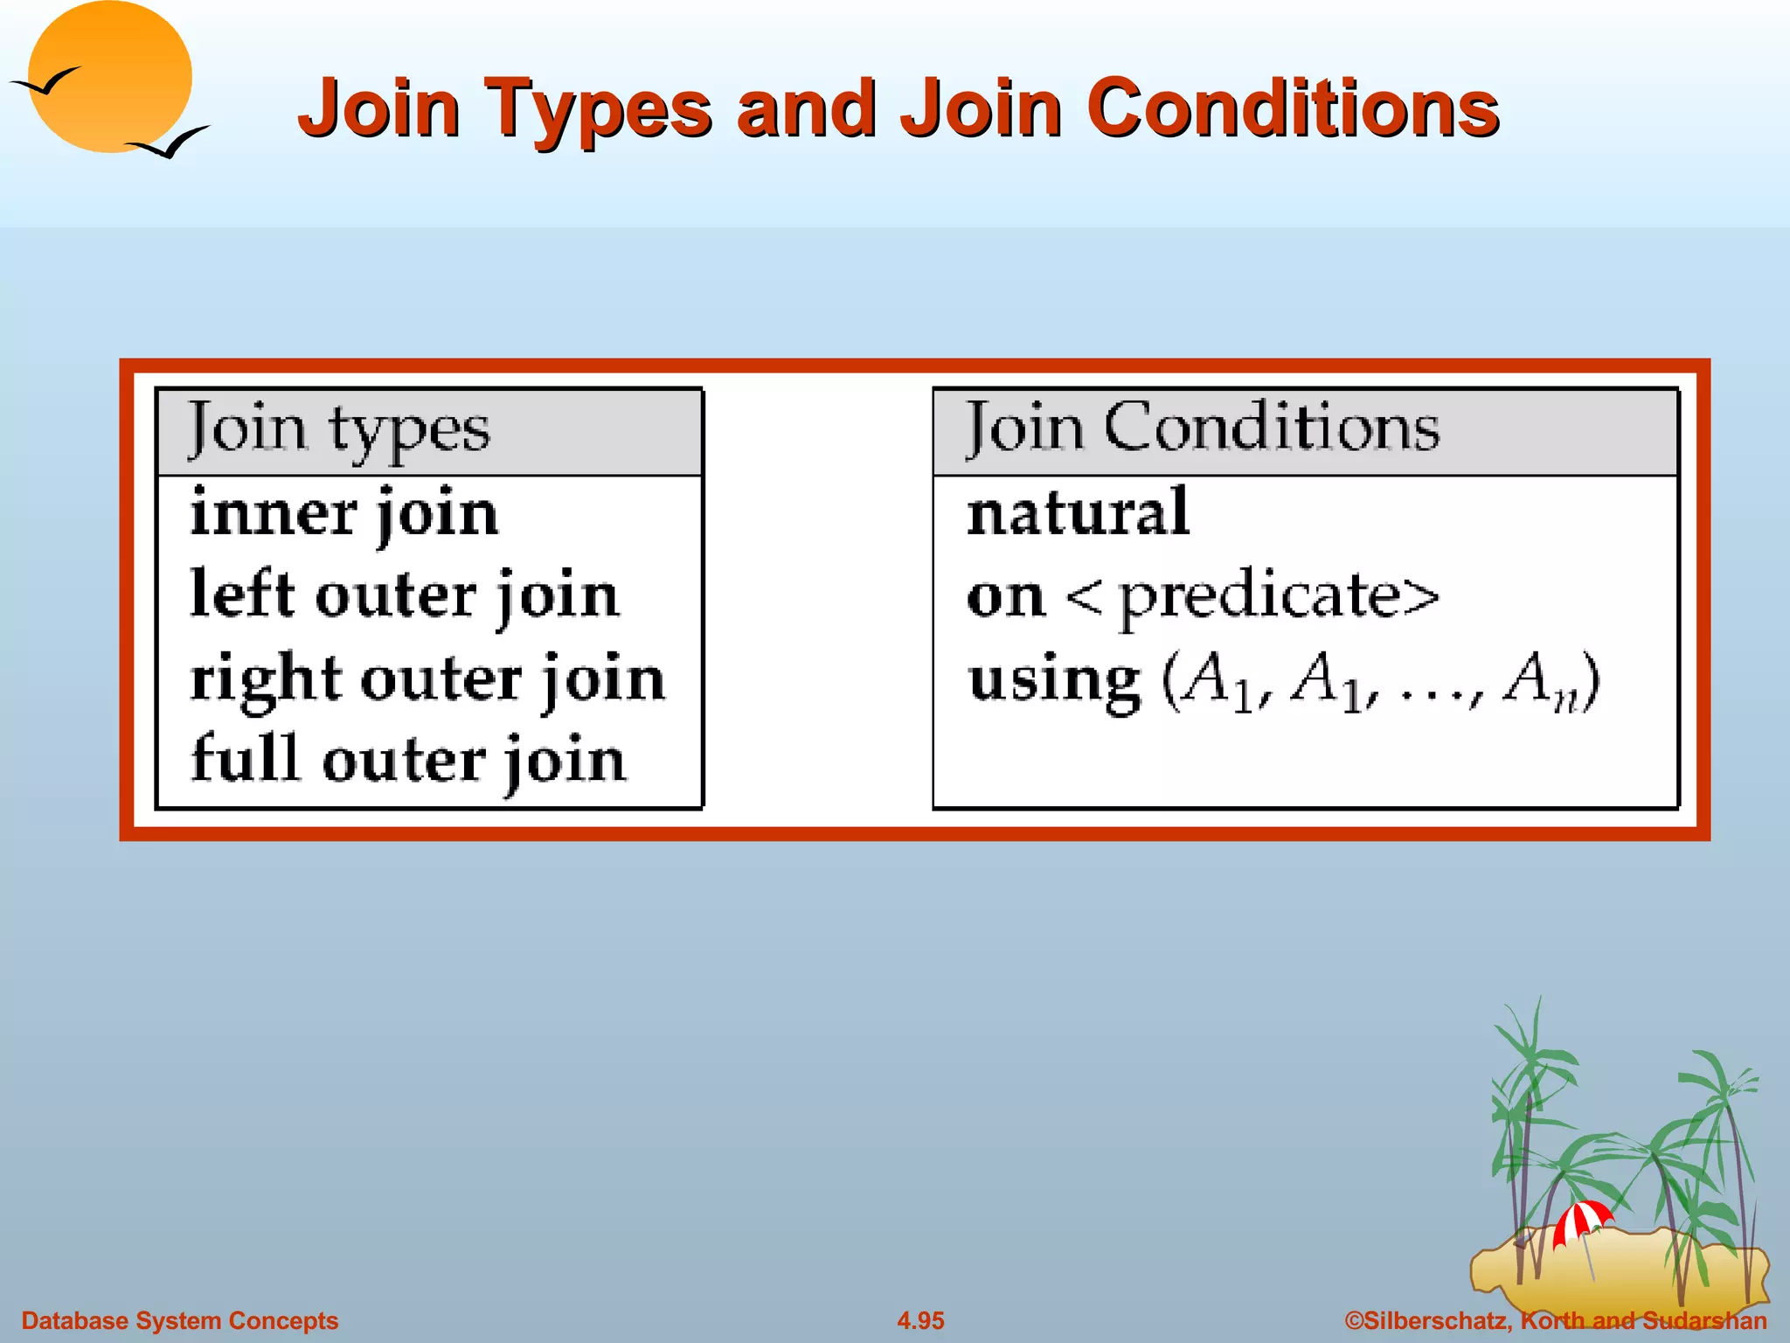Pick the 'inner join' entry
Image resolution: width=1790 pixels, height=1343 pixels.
click(x=344, y=514)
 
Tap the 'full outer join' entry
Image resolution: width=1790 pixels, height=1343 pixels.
click(x=408, y=760)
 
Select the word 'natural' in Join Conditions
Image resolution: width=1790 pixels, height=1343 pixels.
click(x=1078, y=512)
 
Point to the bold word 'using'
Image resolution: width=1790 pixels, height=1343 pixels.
click(x=1054, y=682)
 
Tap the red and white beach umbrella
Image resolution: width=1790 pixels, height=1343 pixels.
click(x=1582, y=1221)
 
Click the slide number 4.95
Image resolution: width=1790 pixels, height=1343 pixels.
click(x=920, y=1320)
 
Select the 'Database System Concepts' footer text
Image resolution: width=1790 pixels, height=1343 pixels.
click(x=179, y=1320)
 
